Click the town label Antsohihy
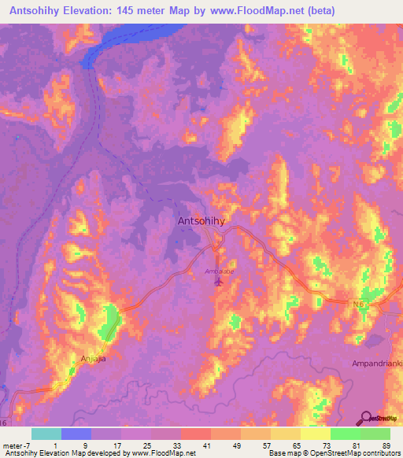pos(201,221)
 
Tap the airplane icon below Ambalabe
pos(219,280)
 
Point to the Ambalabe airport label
pos(218,270)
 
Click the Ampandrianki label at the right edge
pos(376,364)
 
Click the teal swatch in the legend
pos(46,434)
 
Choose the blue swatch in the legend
pos(76,434)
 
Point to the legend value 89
pos(386,445)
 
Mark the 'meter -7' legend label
pos(18,445)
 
